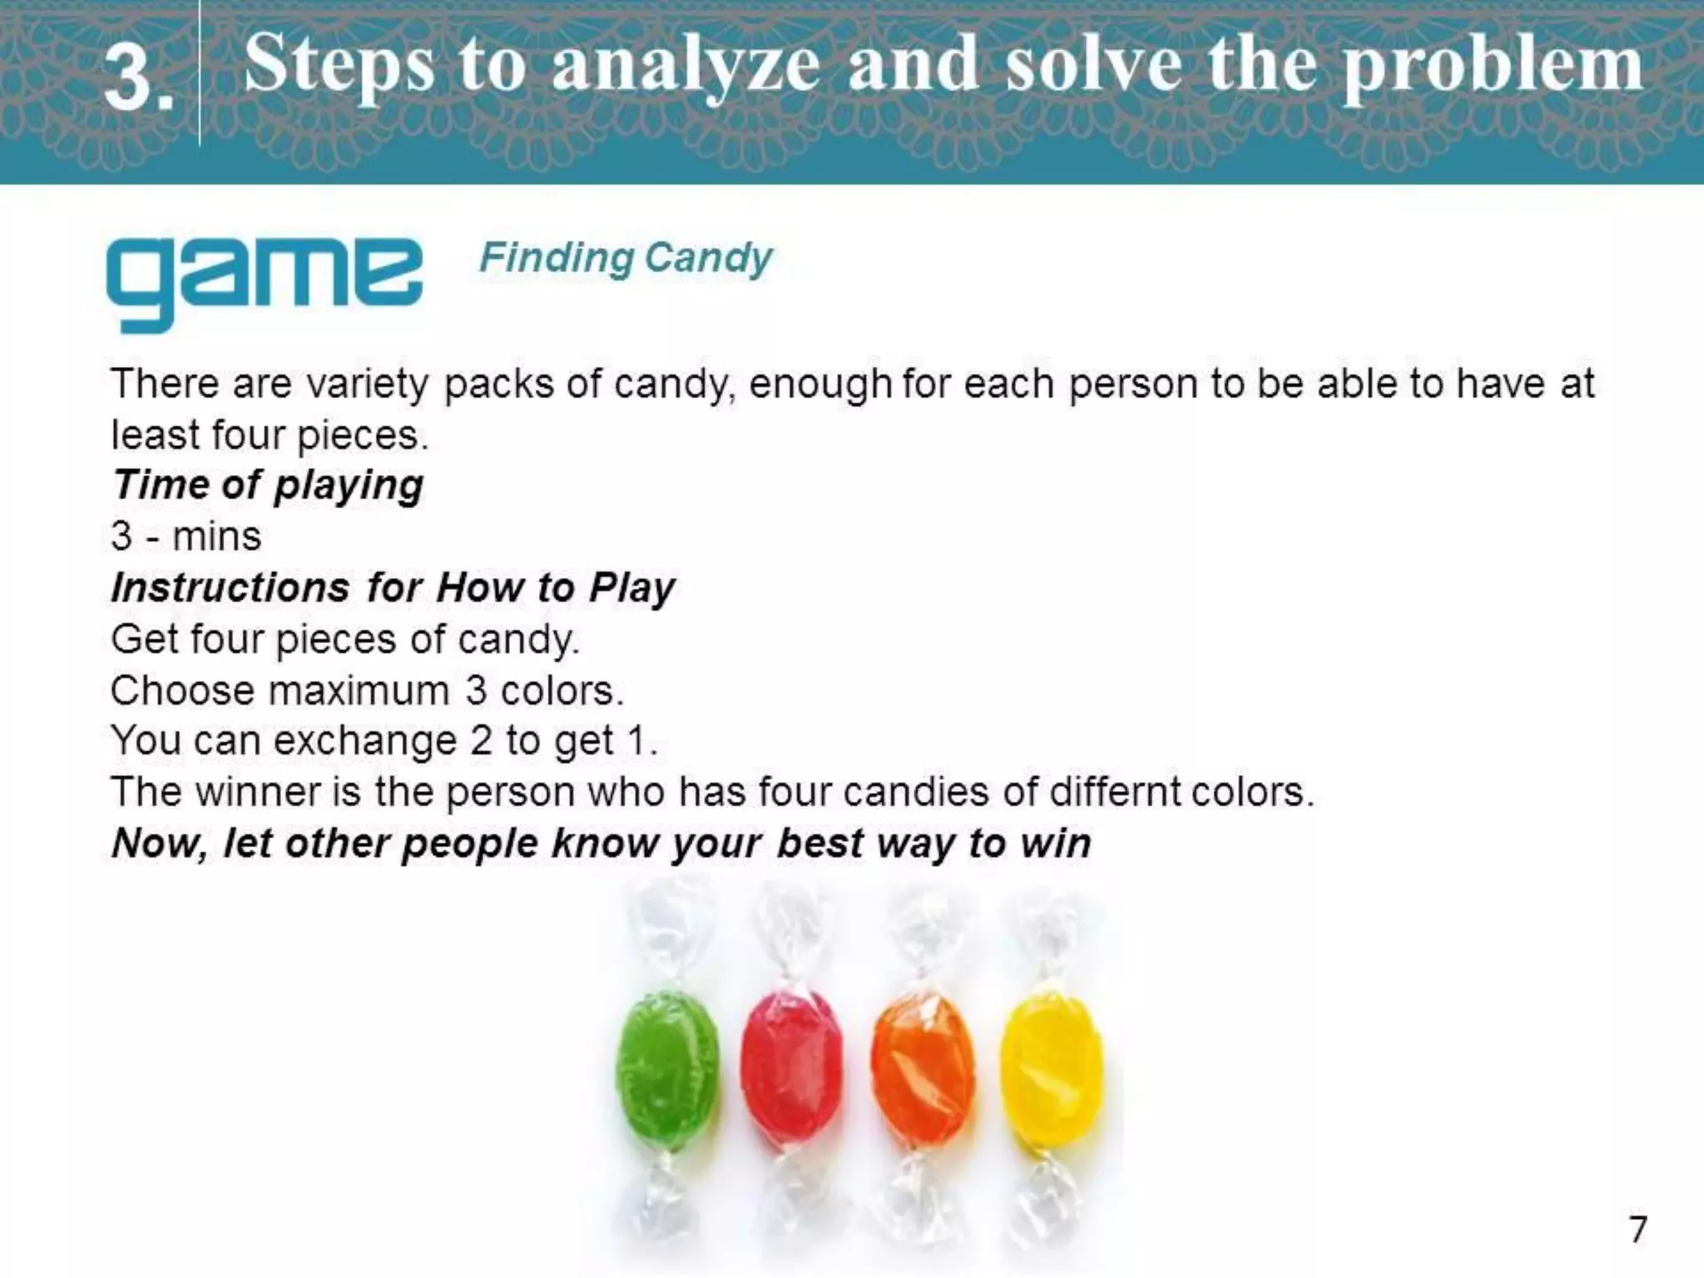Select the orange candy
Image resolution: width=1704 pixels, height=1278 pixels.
pyautogui.click(x=922, y=1069)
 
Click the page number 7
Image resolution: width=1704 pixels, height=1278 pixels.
pyautogui.click(x=1637, y=1230)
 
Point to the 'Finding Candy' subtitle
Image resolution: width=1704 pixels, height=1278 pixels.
pyautogui.click(x=626, y=258)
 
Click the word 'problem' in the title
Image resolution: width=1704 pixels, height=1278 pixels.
pyautogui.click(x=1493, y=67)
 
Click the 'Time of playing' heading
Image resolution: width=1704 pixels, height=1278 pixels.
pyautogui.click(x=268, y=484)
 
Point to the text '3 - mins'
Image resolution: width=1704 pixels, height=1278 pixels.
pyautogui.click(x=186, y=536)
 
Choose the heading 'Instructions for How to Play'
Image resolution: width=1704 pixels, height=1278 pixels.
pyautogui.click(x=393, y=587)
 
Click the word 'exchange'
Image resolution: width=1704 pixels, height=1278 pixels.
pyautogui.click(x=364, y=741)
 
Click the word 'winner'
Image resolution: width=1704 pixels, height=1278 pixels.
pyautogui.click(x=258, y=791)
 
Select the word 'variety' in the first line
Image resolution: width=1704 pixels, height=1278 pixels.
pyautogui.click(x=367, y=384)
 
